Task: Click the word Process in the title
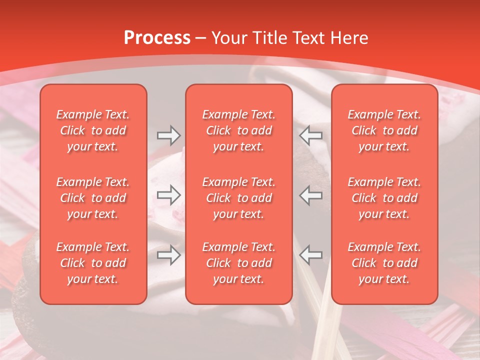(x=157, y=38)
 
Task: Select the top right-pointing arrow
(x=168, y=134)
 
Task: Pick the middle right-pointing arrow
(x=168, y=195)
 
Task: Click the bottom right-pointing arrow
(x=168, y=255)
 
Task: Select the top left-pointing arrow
(x=311, y=134)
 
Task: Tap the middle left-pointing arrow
(x=311, y=195)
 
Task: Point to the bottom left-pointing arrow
(x=311, y=255)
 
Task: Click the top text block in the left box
(x=93, y=130)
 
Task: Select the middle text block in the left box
(x=93, y=198)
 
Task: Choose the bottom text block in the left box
(x=93, y=263)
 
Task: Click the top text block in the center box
(x=239, y=130)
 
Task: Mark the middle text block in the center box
(x=239, y=198)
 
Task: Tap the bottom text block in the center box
(x=239, y=263)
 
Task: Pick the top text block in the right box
(x=384, y=130)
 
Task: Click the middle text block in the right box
(x=384, y=198)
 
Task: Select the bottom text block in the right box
(x=384, y=263)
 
